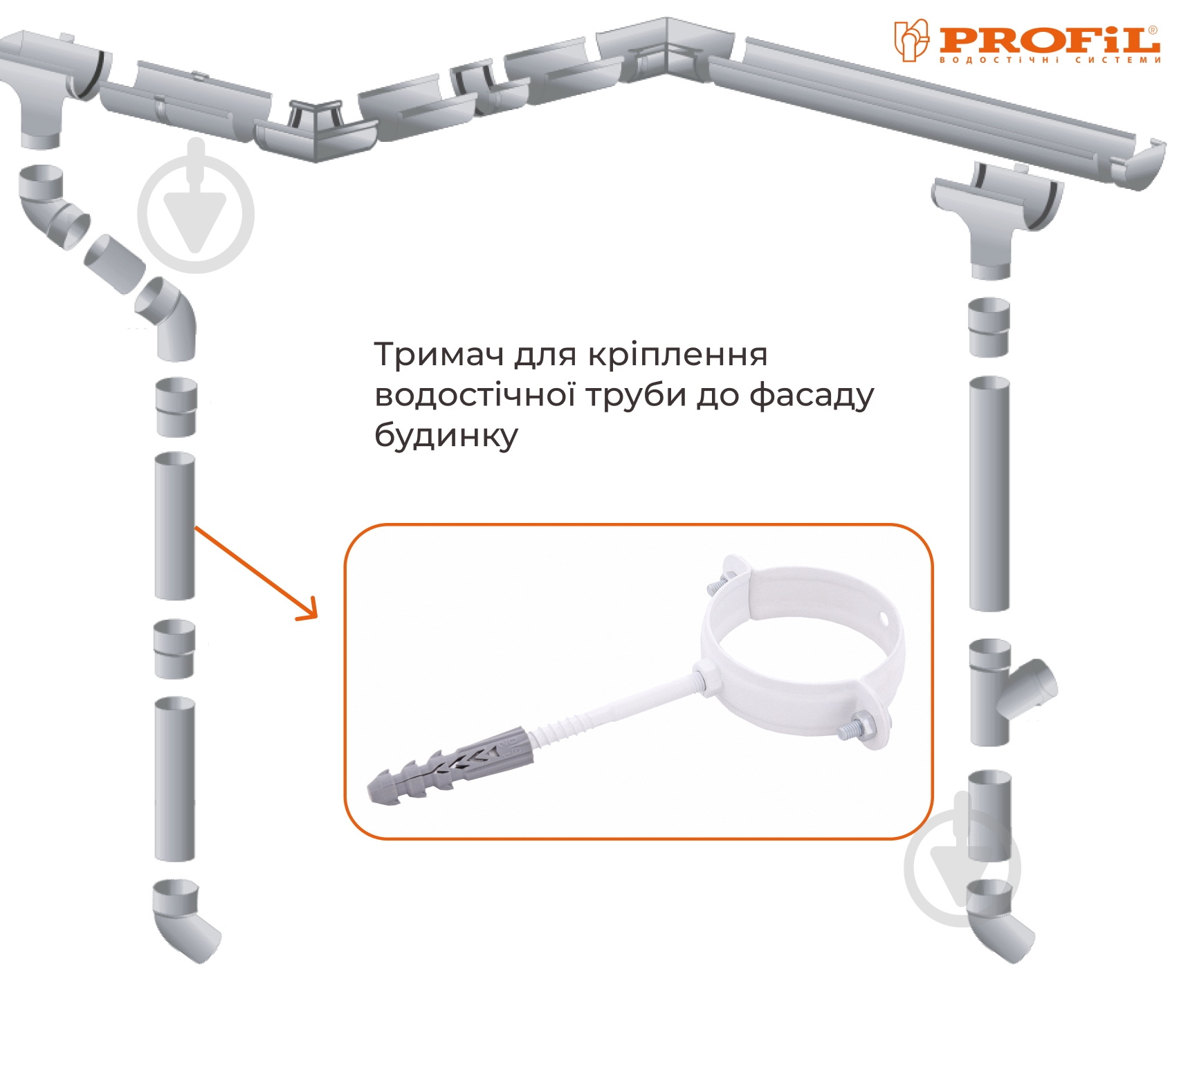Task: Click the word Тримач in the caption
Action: tap(439, 355)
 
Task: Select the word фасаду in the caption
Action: tap(812, 396)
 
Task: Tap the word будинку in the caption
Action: tap(446, 436)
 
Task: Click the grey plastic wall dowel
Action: tap(450, 764)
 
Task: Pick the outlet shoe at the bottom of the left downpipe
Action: tap(184, 921)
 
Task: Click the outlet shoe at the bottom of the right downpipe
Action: tap(997, 920)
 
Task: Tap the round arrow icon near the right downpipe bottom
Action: tap(962, 864)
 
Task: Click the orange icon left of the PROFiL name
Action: tap(911, 40)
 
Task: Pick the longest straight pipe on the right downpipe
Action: tap(989, 493)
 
